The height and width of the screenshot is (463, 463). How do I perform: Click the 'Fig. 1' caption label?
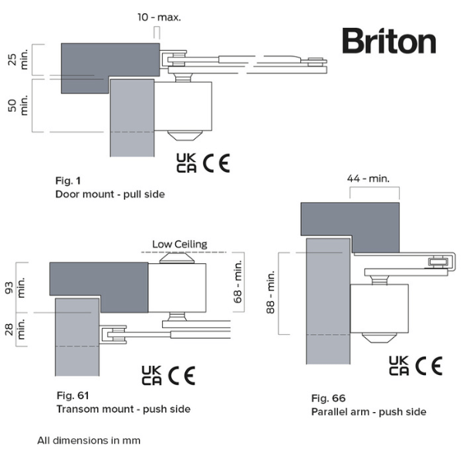pos(68,180)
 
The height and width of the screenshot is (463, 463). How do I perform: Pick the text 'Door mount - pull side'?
pos(110,194)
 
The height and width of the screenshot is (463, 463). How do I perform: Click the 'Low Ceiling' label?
pos(180,244)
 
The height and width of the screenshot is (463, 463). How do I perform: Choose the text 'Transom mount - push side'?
pos(123,408)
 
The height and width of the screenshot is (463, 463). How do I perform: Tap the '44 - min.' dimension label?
pos(369,178)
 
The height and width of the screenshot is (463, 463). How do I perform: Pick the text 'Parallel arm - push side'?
pos(368,411)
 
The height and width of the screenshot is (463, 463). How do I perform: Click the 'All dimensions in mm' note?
pos(88,441)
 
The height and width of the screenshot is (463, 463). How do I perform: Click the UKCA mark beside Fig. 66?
pos(399,365)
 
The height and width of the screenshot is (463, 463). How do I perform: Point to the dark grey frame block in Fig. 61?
pos(98,279)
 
